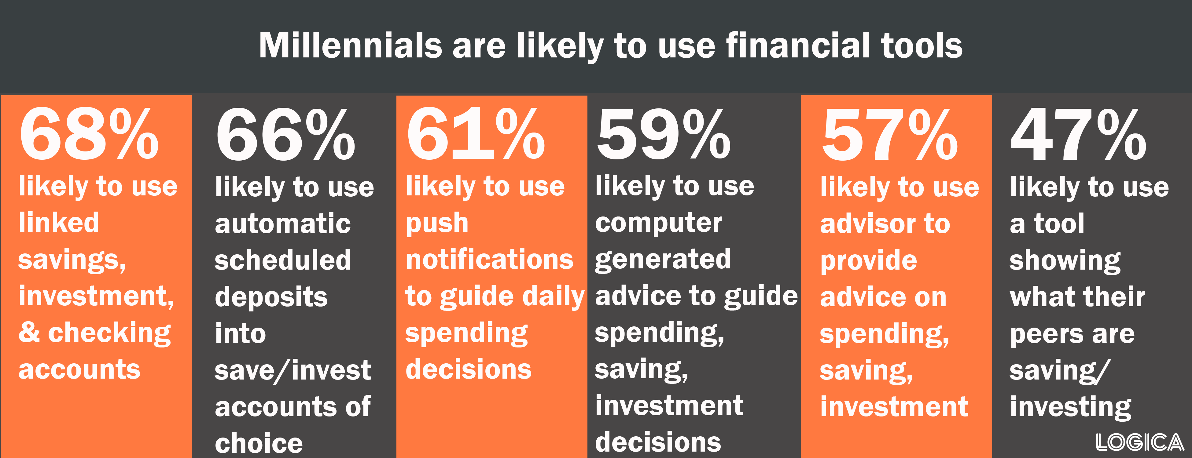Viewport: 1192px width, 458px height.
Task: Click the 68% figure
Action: pos(89,134)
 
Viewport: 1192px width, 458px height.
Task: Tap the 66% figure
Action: pos(285,134)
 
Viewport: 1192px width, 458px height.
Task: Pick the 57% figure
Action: pos(889,134)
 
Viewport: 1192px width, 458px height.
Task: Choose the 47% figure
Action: pos(1079,134)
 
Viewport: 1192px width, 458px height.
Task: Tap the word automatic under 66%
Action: pos(283,224)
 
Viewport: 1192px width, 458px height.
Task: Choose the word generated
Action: pos(663,260)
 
